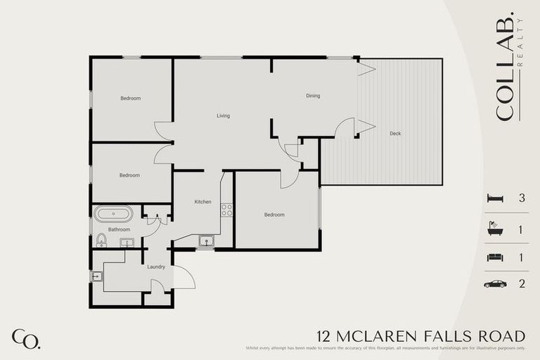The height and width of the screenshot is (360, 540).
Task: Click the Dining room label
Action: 313,96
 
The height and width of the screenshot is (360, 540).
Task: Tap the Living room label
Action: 223,116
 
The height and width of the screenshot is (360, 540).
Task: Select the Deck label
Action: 395,133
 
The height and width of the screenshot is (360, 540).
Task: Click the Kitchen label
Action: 203,202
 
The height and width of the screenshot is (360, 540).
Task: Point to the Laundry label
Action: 156,267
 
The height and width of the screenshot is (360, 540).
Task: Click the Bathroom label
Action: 119,229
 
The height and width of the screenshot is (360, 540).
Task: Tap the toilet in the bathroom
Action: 102,240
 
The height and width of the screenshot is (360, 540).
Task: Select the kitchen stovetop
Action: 226,209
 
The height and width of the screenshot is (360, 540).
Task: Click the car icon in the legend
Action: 495,285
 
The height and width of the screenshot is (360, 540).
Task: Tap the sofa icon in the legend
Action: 495,257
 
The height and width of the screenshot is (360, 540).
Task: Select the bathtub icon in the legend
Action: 495,229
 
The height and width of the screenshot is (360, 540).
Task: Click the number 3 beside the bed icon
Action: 522,199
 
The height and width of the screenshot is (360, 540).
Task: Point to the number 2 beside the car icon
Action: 522,285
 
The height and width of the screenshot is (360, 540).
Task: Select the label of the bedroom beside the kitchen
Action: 274,214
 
